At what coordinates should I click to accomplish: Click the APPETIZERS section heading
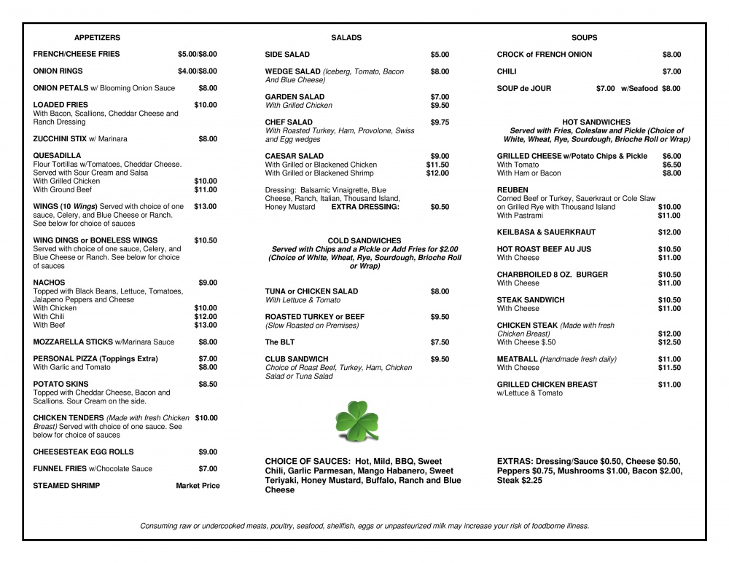click(97, 37)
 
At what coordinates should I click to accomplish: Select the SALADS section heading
click(346, 37)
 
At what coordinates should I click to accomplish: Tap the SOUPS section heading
click(584, 37)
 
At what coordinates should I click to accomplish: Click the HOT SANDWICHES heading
click(596, 122)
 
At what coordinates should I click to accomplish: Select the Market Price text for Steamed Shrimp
click(198, 486)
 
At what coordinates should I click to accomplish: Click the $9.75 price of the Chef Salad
click(440, 122)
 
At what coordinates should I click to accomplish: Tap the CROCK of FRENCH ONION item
click(544, 55)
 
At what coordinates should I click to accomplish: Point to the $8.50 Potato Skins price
click(208, 384)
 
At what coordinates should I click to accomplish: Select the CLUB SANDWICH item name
click(297, 359)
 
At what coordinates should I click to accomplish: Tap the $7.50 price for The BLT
click(440, 342)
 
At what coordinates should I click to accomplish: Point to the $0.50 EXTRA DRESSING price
click(440, 207)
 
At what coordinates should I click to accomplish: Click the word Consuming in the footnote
click(158, 526)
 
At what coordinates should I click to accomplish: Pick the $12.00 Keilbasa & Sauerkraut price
click(669, 232)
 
